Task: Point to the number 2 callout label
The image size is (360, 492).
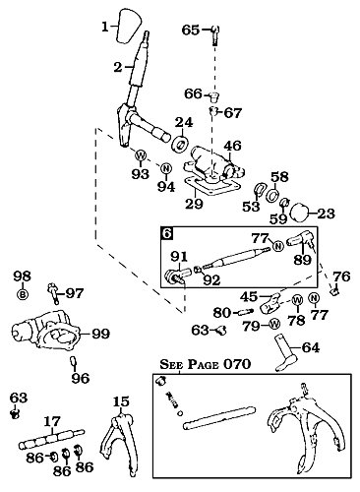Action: tap(117, 67)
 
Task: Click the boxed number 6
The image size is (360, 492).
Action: tap(168, 234)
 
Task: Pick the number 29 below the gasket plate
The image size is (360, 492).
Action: tap(195, 205)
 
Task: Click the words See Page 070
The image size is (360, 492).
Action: tap(205, 364)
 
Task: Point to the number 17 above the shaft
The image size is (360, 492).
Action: tap(52, 420)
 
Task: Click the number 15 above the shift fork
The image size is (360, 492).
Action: tap(121, 401)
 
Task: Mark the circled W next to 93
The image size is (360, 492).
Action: tap(141, 155)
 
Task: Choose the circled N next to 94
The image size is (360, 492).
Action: tap(168, 169)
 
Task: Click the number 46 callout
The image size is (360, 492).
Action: tap(232, 146)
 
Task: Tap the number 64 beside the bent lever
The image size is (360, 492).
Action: tap(310, 346)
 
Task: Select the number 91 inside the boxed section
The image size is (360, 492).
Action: tap(179, 258)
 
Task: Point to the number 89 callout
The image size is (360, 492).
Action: tap(302, 260)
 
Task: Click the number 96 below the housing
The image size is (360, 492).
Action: tap(80, 377)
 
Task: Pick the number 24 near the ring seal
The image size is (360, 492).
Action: tap(183, 123)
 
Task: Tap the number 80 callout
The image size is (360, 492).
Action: tap(222, 313)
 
